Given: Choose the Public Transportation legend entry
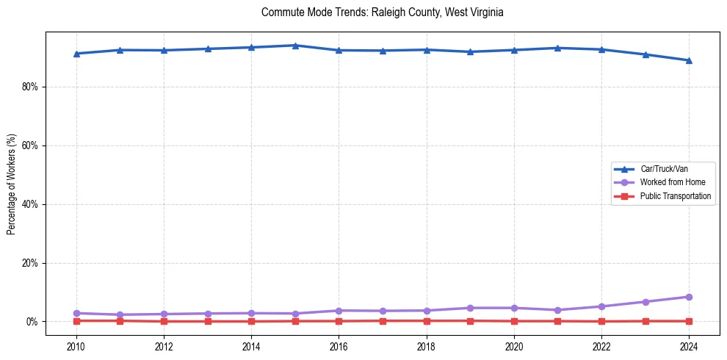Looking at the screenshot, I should pos(675,196).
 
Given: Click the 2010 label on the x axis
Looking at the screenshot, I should pos(76,345).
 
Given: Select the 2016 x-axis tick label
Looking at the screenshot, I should pos(339,345).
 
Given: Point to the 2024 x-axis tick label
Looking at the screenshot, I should pos(689,345).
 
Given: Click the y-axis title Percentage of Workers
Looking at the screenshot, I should pos(12,184).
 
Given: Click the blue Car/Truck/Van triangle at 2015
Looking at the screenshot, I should pos(295,46).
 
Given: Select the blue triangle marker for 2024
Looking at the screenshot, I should pos(689,60).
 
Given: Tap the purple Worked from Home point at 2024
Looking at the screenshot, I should pos(689,297).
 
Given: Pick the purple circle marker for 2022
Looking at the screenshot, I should pos(601,306).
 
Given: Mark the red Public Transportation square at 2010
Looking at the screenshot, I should pos(76,320).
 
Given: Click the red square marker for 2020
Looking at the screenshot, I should pos(514,321).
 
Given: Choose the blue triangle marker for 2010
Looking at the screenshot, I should pos(76,54).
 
